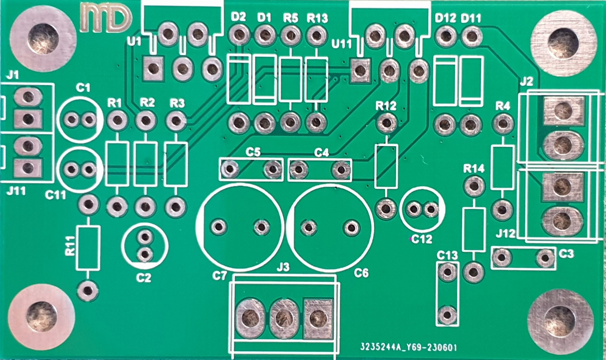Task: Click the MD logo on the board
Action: [106, 18]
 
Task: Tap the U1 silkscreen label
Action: [134, 42]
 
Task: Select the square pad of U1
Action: [153, 69]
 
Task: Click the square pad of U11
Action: [360, 71]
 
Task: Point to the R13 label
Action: [317, 19]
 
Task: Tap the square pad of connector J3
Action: [318, 319]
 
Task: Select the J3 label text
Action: [283, 268]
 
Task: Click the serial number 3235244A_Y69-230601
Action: [408, 348]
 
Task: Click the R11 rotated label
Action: [70, 246]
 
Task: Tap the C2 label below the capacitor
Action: [144, 277]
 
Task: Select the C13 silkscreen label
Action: [447, 255]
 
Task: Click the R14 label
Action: [474, 169]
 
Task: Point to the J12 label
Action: [506, 234]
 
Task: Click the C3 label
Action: [566, 253]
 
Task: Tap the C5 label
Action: [253, 153]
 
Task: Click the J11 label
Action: [16, 191]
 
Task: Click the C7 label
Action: [219, 276]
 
